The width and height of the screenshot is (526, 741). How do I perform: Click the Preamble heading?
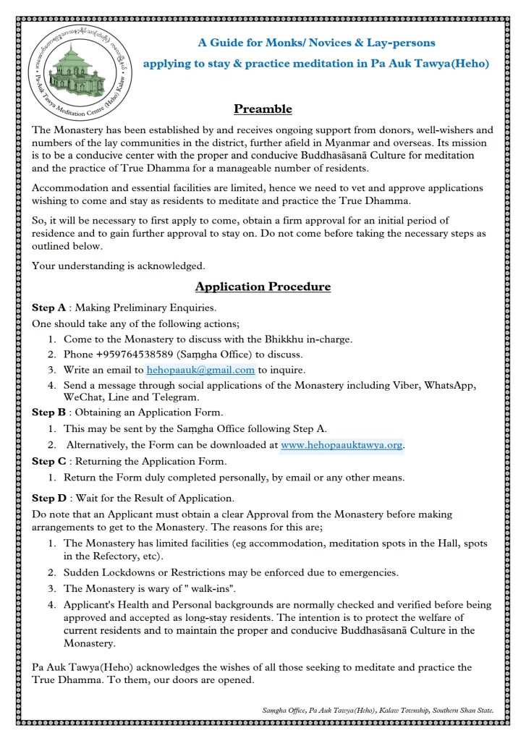pyautogui.click(x=263, y=109)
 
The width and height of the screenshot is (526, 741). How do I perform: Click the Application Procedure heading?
pyautogui.click(x=263, y=287)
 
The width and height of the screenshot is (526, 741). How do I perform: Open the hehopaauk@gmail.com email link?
pyautogui.click(x=200, y=370)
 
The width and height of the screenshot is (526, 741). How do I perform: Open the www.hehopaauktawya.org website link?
pyautogui.click(x=342, y=444)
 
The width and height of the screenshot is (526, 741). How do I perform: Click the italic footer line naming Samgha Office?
pyautogui.click(x=378, y=711)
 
